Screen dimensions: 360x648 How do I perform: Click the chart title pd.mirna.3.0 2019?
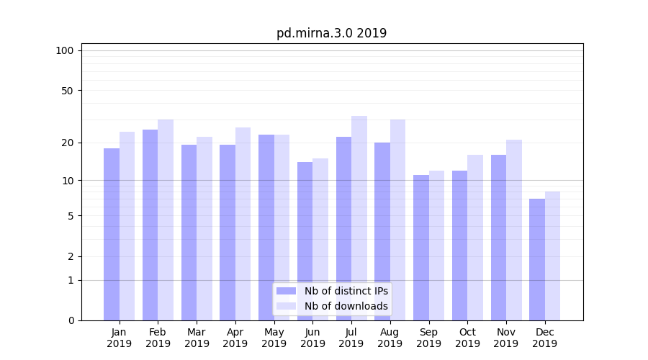point(331,33)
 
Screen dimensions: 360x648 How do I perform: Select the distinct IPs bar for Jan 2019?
point(112,234)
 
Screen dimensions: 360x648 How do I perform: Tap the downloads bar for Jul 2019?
point(359,217)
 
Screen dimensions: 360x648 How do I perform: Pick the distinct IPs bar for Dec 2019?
point(537,259)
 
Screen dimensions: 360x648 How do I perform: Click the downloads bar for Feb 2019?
point(166,220)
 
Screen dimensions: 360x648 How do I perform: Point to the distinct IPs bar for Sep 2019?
point(421,247)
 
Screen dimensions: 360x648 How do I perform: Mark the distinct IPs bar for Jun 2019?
point(305,241)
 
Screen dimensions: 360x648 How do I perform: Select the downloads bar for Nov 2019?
point(514,230)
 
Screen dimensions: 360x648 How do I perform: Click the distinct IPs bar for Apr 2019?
point(228,232)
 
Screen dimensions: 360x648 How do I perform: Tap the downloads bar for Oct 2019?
point(475,238)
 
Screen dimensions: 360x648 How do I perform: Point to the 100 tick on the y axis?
point(65,50)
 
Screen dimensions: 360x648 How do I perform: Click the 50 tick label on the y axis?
point(68,91)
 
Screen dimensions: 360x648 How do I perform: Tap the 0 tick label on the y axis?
point(71,320)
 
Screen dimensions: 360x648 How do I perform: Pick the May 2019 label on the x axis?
point(274,338)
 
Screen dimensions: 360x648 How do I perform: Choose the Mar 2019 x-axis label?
point(197,338)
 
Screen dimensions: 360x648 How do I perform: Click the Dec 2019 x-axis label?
point(544,338)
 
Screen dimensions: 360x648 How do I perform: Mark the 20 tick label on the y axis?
point(68,143)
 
